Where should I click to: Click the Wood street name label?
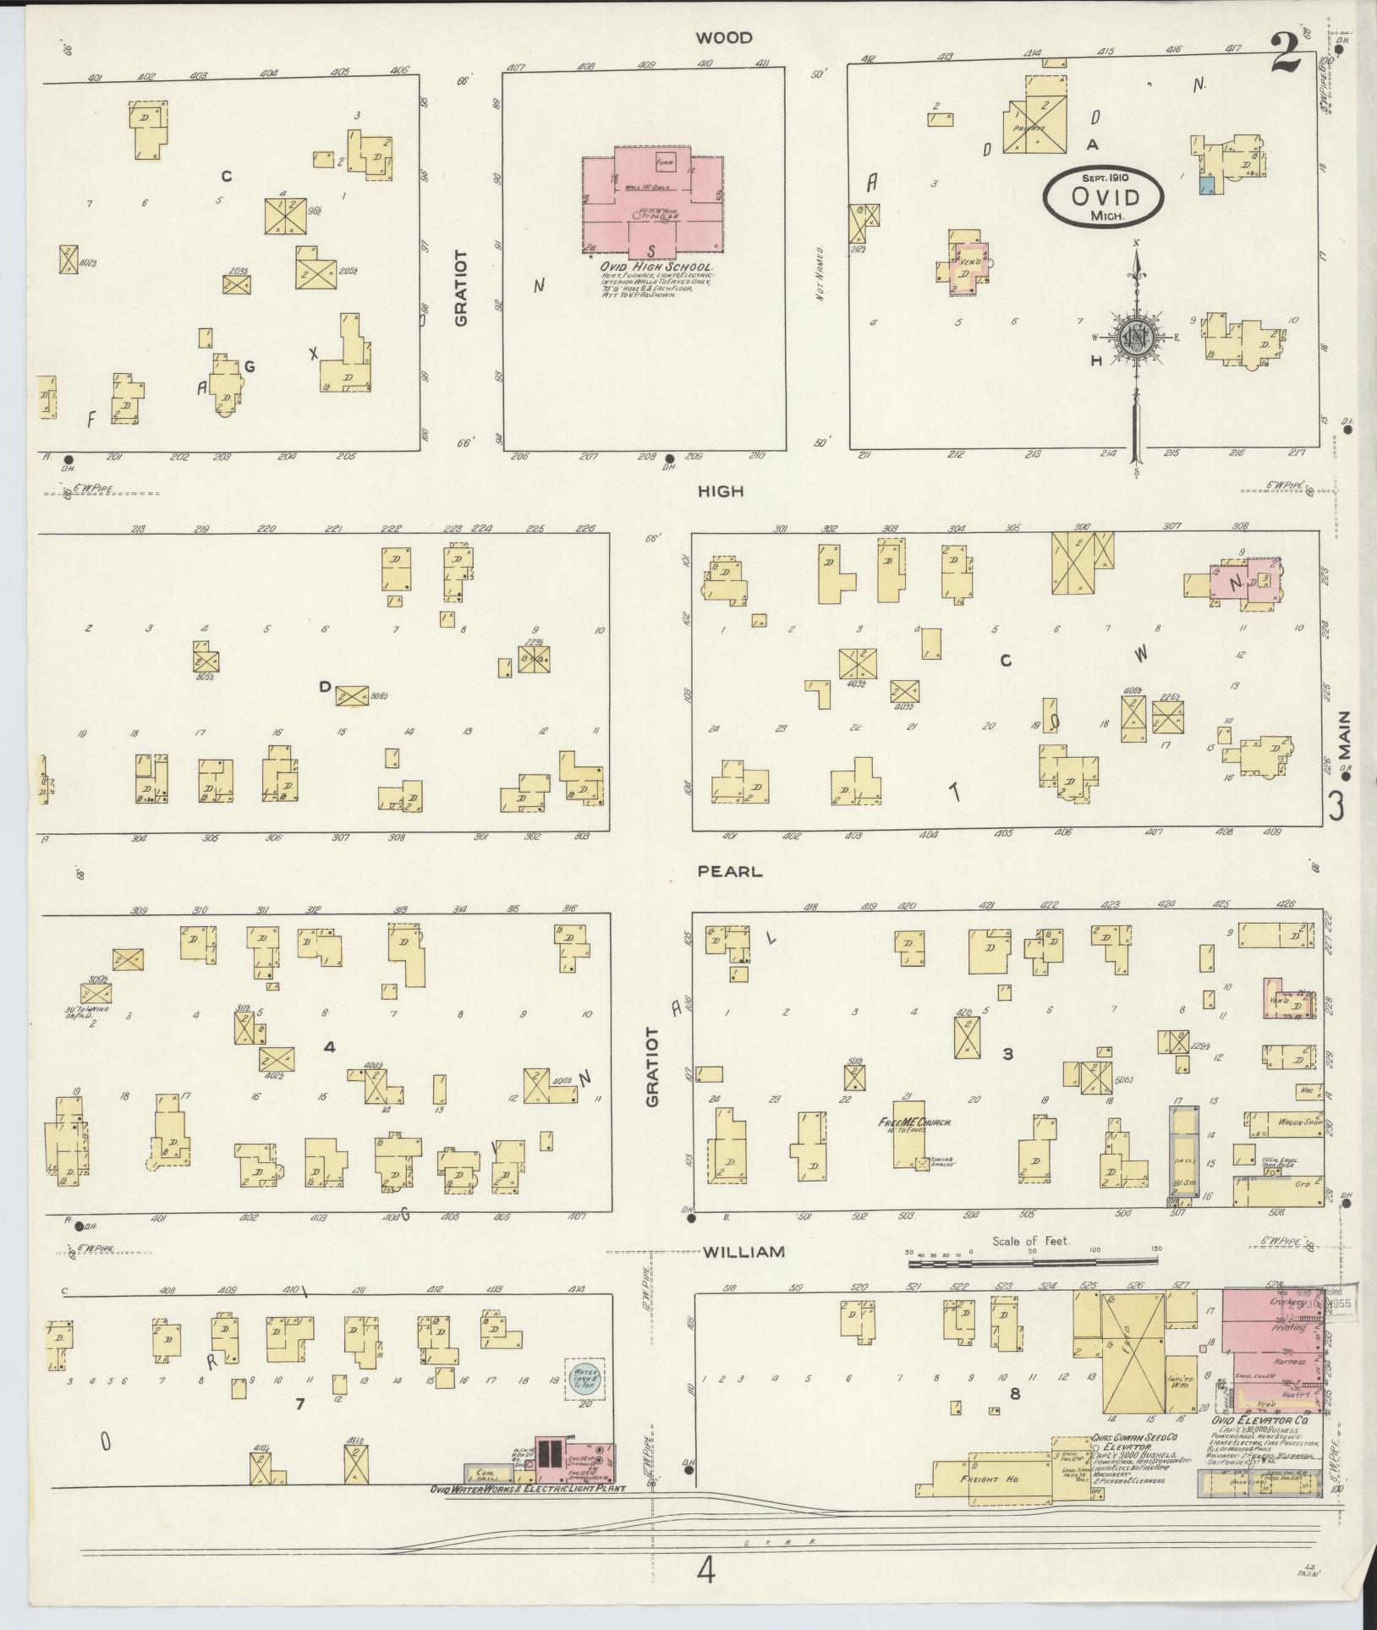724,38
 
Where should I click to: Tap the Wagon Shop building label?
1282,1122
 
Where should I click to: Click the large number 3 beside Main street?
1336,805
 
